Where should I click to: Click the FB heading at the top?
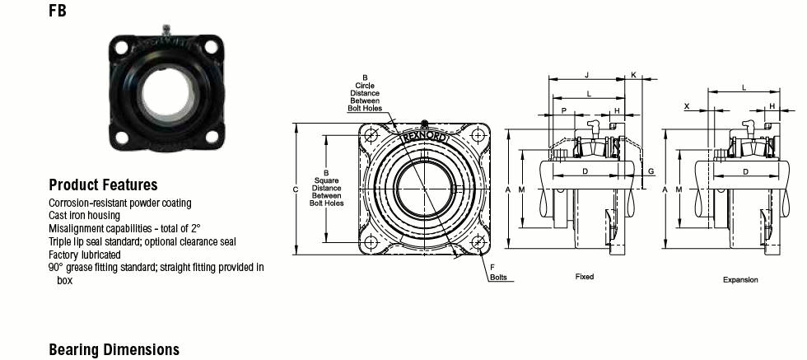tap(58, 11)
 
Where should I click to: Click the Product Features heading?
tap(103, 185)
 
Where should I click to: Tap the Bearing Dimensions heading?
tap(114, 349)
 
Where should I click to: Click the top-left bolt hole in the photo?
tap(122, 47)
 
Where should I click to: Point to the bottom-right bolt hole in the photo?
tap(212, 137)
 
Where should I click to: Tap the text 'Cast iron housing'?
tap(84, 215)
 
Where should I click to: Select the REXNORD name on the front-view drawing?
tap(425, 138)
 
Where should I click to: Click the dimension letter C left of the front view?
tap(296, 189)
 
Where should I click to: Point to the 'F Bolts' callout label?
tap(497, 272)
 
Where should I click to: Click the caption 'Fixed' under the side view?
tap(584, 277)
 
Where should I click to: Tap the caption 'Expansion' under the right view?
tap(740, 279)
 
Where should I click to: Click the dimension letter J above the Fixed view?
tap(586, 75)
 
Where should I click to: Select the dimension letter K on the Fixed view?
tap(633, 75)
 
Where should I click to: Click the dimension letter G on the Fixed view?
tap(651, 171)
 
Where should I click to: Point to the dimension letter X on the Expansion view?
tap(687, 106)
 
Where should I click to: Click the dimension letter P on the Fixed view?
tap(563, 110)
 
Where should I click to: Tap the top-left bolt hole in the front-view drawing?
tap(371, 135)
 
